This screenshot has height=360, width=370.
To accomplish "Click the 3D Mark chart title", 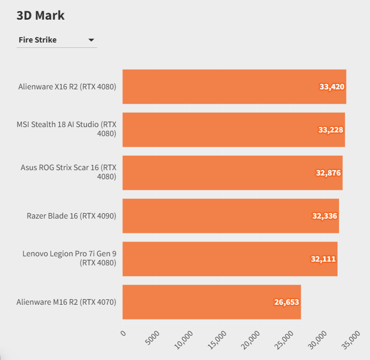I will tap(40, 15).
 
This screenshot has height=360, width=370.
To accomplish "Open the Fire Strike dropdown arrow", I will tap(91, 40).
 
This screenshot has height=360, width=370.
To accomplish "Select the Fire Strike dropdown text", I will tap(37, 40).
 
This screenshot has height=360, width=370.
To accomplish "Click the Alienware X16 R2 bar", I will tap(234, 87).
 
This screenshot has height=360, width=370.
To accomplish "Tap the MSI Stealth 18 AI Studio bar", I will tap(234, 130).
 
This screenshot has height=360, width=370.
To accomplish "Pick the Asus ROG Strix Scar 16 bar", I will tap(232, 173).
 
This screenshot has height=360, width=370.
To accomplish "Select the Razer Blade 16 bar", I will tap(231, 216).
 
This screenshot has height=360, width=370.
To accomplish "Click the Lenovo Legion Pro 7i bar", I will tap(230, 259).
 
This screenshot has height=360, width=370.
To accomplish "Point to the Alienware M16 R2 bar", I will tap(211, 302).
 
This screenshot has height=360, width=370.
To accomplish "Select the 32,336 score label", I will tap(325, 216).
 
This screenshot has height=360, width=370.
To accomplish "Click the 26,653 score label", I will tap(287, 302).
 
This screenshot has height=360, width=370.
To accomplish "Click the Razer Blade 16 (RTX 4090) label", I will tap(71, 216).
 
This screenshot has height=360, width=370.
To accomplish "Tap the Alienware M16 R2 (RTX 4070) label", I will tap(66, 302).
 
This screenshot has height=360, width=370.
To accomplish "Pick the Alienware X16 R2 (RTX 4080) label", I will tap(67, 87).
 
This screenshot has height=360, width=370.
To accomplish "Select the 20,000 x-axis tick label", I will tap(250, 339).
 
